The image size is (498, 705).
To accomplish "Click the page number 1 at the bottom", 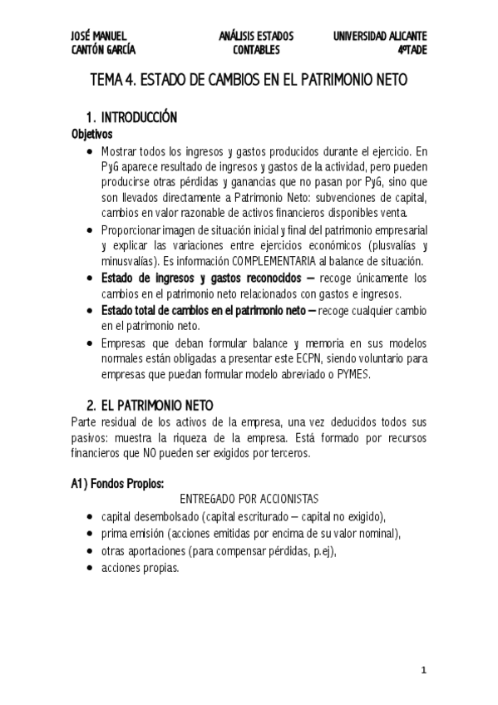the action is (x=423, y=669).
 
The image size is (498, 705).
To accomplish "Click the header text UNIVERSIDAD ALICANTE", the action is (x=380, y=37).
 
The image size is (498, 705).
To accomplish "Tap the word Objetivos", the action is (x=92, y=134).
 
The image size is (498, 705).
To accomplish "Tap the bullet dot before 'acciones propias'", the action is (x=90, y=569).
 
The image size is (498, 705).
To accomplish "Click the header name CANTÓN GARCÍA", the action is (x=104, y=51).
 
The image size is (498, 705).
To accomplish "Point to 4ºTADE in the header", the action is (x=412, y=51).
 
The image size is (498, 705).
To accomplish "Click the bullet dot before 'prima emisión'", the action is (x=90, y=534).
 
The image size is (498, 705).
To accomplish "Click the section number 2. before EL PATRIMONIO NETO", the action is (x=92, y=406).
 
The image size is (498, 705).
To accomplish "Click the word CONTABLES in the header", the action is (x=255, y=51).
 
